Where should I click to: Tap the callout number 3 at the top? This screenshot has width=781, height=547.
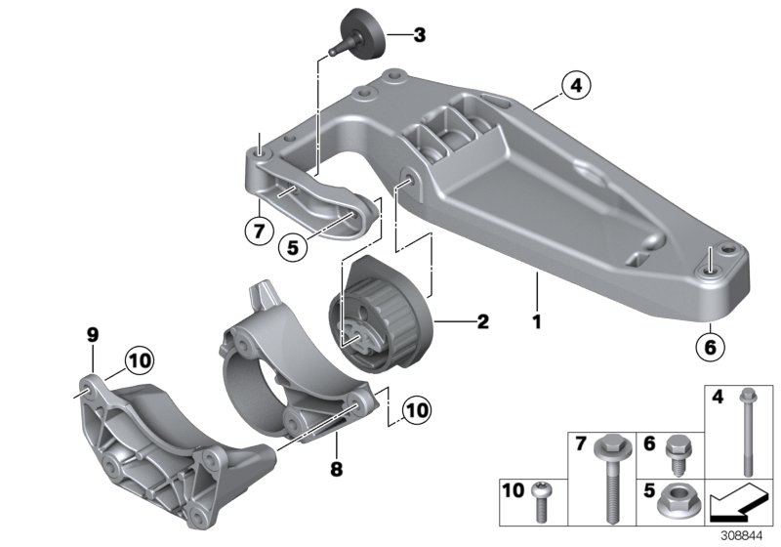[419, 36]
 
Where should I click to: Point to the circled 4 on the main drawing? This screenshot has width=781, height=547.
[576, 87]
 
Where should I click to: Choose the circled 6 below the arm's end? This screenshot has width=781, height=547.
[711, 345]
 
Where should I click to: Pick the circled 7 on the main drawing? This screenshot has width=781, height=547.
[255, 231]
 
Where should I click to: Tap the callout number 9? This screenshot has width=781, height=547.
[93, 336]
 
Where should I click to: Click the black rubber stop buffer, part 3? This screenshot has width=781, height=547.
[364, 30]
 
